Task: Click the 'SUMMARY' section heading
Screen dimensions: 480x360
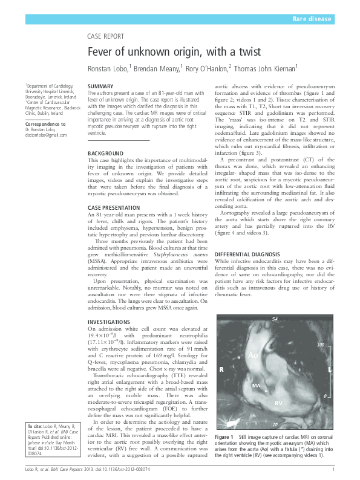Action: pyautogui.click(x=100, y=87)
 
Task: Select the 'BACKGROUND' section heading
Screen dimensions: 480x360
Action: pyautogui.click(x=105, y=154)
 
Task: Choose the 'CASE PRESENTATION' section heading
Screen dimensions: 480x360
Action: pyautogui.click(x=114, y=207)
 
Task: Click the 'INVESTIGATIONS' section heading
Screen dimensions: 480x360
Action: pyautogui.click(x=108, y=321)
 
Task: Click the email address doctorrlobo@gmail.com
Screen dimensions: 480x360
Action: pyautogui.click(x=46, y=135)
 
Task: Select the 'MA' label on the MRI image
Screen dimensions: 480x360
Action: pyautogui.click(x=255, y=385)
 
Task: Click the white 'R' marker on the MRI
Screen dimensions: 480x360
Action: pyautogui.click(x=221, y=369)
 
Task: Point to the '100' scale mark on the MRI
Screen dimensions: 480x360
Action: pyautogui.click(x=321, y=344)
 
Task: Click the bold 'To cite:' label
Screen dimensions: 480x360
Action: pyautogui.click(x=34, y=427)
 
